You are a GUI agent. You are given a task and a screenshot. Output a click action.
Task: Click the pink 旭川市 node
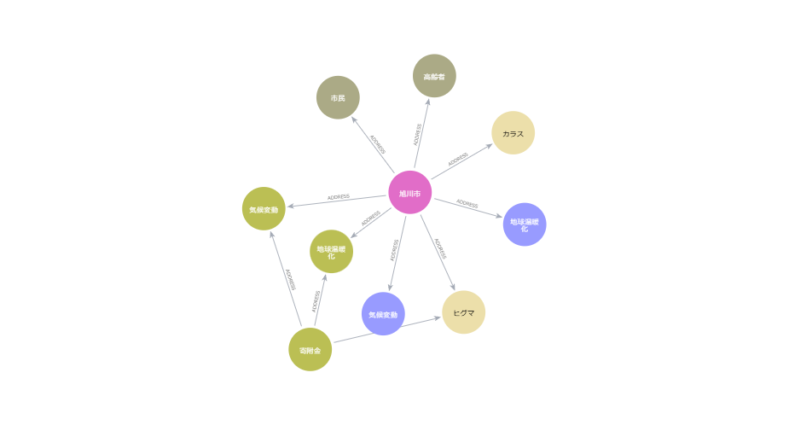coord(410,193)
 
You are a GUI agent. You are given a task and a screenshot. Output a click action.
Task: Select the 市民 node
coord(338,97)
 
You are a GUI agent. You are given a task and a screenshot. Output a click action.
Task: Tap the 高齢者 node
coord(434,76)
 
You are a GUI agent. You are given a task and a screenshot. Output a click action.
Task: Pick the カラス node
coord(513,133)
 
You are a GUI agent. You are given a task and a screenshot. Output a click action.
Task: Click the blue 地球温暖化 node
coord(524,224)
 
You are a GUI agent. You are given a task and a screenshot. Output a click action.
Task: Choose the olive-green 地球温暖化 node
coord(331,252)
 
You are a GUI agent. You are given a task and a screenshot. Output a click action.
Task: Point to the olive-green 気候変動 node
coord(264,209)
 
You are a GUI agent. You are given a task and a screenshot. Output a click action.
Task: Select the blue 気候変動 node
coord(383,314)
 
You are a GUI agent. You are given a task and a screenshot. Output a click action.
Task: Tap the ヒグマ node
coord(464,312)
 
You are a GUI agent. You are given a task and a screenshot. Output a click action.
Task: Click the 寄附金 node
coord(310,350)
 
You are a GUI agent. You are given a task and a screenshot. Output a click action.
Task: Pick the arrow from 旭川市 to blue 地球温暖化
coord(467,207)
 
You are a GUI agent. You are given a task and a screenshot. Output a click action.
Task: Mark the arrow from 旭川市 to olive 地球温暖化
coord(370,222)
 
